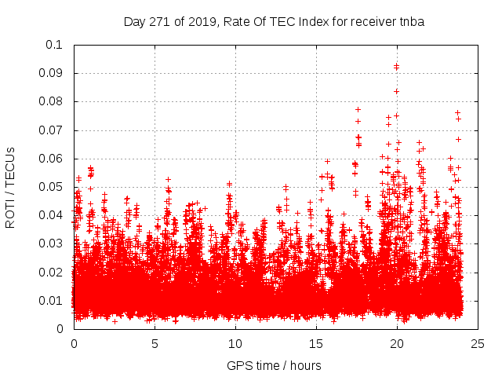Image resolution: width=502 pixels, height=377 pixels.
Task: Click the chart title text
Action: (x=274, y=22)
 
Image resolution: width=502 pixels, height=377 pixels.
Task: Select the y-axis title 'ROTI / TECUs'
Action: (x=10, y=187)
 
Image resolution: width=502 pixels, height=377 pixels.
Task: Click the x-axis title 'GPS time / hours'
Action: (x=274, y=365)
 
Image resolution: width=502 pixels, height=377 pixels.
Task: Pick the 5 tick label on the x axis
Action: (x=155, y=343)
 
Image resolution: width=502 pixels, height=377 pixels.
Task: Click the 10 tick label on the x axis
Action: (x=235, y=343)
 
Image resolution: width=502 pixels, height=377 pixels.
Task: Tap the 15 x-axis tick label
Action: (x=316, y=343)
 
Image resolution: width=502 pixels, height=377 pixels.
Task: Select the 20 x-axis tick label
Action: (x=397, y=343)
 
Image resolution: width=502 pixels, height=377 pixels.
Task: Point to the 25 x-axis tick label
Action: (x=478, y=343)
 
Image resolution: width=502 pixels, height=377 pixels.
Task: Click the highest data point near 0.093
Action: (x=396, y=66)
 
